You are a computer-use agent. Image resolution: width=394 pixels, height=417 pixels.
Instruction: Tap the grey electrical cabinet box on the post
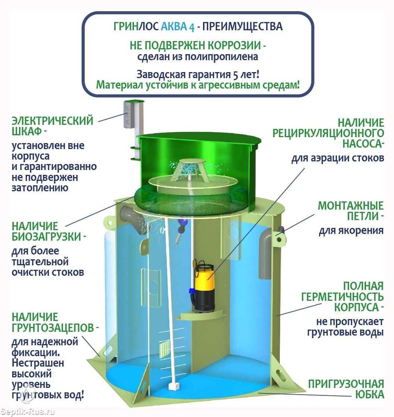pos(128,115)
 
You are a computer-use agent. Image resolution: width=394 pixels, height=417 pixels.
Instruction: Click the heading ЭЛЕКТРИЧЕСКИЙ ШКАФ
pos(53,126)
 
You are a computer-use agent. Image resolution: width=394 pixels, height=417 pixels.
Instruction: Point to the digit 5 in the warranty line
pos(235,75)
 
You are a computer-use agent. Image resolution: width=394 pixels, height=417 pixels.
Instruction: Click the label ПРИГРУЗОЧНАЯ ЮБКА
pos(346,389)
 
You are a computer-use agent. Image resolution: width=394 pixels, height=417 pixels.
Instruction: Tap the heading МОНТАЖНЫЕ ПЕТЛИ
pos(351,211)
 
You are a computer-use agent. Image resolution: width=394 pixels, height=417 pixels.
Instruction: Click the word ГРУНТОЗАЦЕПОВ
pos(53,328)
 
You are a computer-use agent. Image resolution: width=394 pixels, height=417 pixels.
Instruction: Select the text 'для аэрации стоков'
pos(338,158)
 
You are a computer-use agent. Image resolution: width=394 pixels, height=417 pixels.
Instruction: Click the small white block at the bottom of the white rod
pos(174,386)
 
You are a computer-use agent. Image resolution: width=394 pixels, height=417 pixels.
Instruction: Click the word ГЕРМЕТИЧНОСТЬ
pos(343,297)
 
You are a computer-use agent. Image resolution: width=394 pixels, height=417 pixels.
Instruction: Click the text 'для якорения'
pos(351,230)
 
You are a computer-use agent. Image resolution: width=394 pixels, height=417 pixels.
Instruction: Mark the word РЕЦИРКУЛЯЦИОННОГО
pos(328,133)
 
